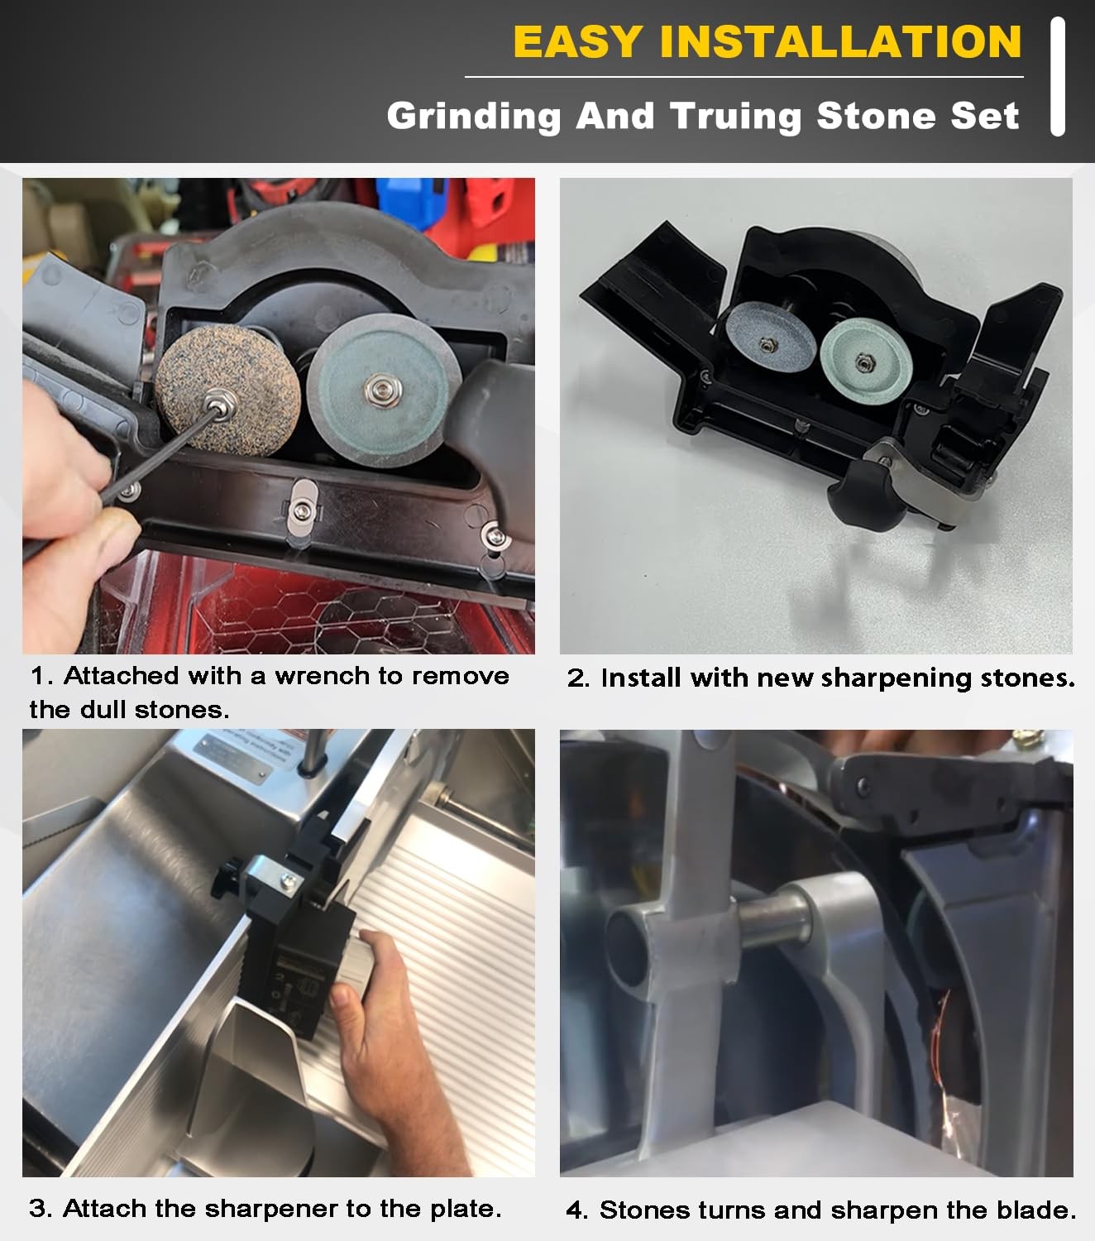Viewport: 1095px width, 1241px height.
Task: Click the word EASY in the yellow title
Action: click(x=577, y=42)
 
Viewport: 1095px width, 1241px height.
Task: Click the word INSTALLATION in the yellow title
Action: click(x=840, y=42)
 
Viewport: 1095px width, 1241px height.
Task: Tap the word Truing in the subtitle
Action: click(x=735, y=116)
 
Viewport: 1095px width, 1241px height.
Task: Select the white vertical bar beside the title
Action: click(x=1057, y=76)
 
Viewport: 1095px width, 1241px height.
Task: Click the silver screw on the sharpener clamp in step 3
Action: click(x=288, y=882)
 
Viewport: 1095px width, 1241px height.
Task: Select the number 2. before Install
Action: click(x=578, y=678)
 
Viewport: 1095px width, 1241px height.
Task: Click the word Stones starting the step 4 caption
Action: click(x=644, y=1210)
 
